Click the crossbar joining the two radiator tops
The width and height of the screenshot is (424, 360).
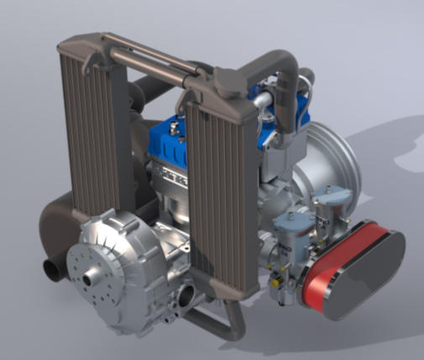pyautogui.click(x=155, y=55)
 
